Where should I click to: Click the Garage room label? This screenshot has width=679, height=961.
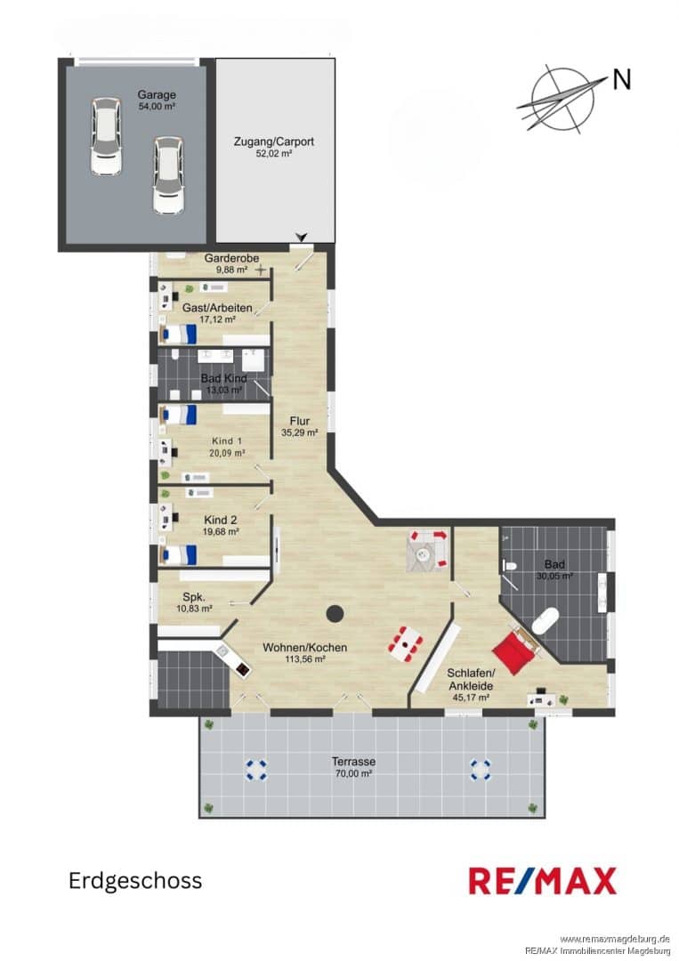(x=157, y=95)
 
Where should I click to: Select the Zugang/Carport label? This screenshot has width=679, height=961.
(x=274, y=141)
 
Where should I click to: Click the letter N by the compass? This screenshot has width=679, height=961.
(x=621, y=80)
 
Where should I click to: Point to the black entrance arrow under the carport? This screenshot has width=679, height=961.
(x=301, y=237)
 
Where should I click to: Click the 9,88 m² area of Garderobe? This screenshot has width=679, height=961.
(x=231, y=270)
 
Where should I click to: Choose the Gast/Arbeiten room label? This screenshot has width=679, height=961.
(x=217, y=308)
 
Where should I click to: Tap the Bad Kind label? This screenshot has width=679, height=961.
(x=223, y=378)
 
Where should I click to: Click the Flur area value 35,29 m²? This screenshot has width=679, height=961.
(x=300, y=432)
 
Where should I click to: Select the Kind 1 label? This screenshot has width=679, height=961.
(x=227, y=440)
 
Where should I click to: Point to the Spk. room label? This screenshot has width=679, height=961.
(x=194, y=597)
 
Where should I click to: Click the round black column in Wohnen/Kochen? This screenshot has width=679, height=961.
(x=335, y=613)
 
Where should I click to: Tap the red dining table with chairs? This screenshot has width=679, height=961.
(x=406, y=643)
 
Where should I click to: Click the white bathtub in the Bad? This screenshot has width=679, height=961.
(x=545, y=622)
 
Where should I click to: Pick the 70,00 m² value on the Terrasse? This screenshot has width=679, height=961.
(x=353, y=773)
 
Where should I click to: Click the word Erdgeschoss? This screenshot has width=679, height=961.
(x=135, y=881)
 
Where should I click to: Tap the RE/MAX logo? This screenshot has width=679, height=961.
(x=543, y=881)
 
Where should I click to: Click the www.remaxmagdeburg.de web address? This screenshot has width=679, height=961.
(x=615, y=939)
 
